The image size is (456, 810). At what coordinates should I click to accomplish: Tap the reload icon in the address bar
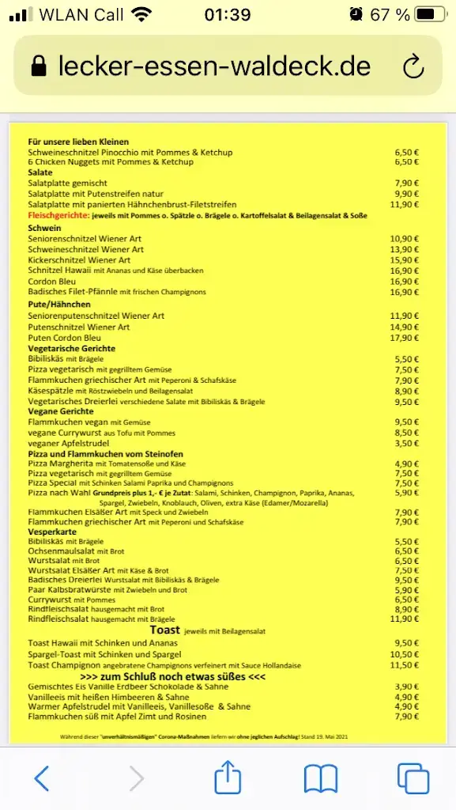point(413,66)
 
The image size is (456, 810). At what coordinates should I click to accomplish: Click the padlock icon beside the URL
point(39,66)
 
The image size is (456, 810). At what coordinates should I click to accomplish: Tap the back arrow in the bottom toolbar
point(42,779)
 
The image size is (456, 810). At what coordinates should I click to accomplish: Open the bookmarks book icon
point(321,779)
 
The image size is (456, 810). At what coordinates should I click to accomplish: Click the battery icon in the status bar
point(430,14)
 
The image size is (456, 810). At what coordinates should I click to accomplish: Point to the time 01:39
point(227,14)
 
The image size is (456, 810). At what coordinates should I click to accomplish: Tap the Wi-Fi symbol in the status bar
point(141,14)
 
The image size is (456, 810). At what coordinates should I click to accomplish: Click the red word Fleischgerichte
point(58,215)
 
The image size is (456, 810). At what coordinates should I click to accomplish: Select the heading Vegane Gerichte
point(61,411)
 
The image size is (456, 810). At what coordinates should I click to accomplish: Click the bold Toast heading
point(164,630)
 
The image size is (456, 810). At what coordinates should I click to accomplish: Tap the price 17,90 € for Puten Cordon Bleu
point(406,338)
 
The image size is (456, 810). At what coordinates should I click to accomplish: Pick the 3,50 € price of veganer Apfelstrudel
point(406,445)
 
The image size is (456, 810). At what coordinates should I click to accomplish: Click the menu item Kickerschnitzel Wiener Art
point(79,260)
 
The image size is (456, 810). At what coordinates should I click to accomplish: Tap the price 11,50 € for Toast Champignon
point(406,665)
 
